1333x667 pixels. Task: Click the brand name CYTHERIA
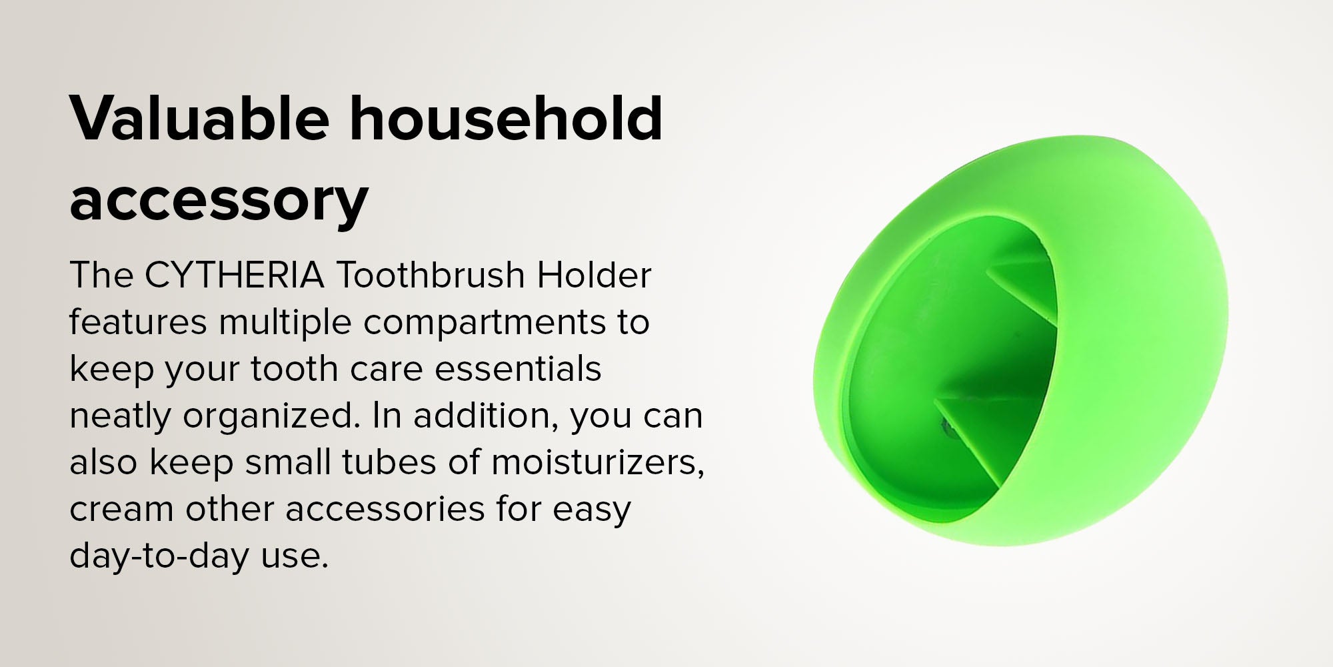point(235,275)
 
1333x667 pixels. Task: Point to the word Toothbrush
point(431,275)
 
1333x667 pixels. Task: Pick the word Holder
point(595,275)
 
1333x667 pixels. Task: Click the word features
point(139,321)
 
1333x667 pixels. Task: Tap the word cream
point(122,510)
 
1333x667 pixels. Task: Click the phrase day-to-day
point(159,556)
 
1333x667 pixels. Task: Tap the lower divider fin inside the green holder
point(986,434)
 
